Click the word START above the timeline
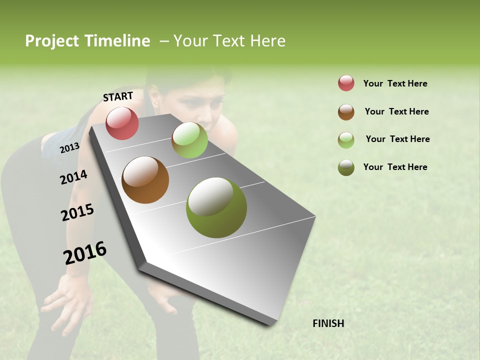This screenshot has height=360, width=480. click(118, 96)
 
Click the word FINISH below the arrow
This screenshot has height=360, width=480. click(328, 323)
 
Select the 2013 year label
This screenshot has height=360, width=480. click(69, 147)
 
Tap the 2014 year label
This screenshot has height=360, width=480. click(73, 177)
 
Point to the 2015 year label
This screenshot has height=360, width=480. click(77, 212)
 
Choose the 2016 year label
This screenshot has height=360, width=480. click(85, 253)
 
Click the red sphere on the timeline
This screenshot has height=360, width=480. click(122, 123)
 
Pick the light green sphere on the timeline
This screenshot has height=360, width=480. click(189, 140)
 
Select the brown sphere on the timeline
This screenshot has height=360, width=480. click(145, 180)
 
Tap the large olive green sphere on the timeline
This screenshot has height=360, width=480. click(216, 207)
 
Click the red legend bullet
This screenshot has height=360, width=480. click(346, 83)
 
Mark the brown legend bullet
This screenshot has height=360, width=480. click(346, 112)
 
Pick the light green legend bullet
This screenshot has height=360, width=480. click(346, 140)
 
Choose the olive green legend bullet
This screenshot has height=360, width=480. click(346, 167)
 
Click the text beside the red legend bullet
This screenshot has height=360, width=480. click(395, 83)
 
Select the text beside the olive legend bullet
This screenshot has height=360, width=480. click(395, 167)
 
